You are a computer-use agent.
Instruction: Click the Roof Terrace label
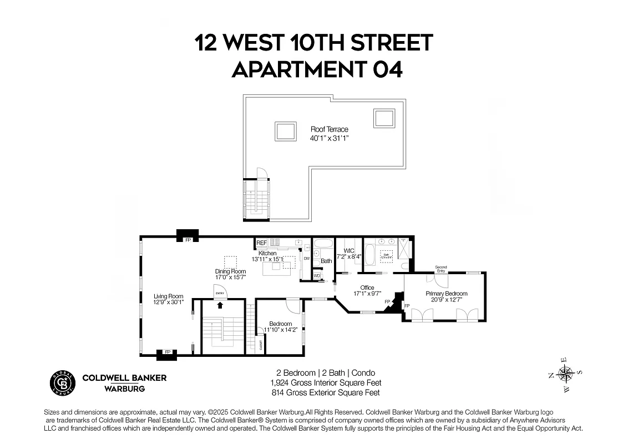click(329, 129)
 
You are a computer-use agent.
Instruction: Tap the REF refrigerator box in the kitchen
click(261, 243)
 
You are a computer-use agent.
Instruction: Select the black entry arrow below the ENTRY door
click(220, 305)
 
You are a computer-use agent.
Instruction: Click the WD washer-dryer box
click(317, 275)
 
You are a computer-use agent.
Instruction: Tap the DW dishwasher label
click(306, 258)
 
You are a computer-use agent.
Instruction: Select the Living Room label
click(168, 296)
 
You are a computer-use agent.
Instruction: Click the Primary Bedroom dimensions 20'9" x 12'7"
click(447, 300)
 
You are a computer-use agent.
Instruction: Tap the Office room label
click(367, 287)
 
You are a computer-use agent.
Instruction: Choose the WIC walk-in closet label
click(349, 251)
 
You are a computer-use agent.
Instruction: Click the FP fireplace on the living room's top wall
click(188, 240)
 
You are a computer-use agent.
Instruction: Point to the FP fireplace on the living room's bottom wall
click(167, 352)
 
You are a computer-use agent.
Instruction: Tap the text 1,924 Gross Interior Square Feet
click(326, 383)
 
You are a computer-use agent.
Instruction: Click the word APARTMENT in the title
click(297, 70)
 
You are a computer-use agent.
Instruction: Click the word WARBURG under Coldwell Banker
click(125, 389)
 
